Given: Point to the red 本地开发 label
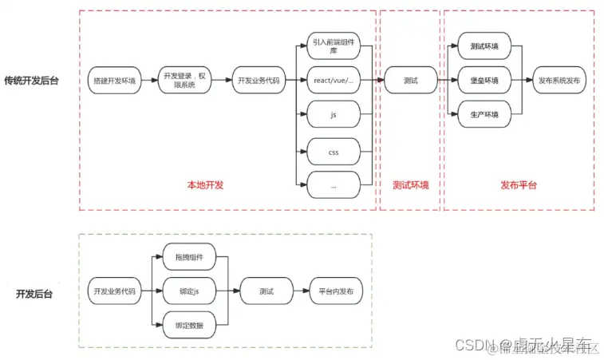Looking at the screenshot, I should pyautogui.click(x=205, y=185).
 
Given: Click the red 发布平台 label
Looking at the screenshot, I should pyautogui.click(x=519, y=185).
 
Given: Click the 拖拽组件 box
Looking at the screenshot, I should pyautogui.click(x=188, y=257).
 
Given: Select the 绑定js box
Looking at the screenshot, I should pyautogui.click(x=188, y=291).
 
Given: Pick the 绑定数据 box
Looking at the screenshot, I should pyautogui.click(x=188, y=325).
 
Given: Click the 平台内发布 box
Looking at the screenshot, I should pyautogui.click(x=335, y=291).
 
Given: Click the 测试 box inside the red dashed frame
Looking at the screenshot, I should pyautogui.click(x=411, y=81).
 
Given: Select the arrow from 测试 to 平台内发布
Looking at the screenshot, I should pyautogui.click(x=301, y=291).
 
